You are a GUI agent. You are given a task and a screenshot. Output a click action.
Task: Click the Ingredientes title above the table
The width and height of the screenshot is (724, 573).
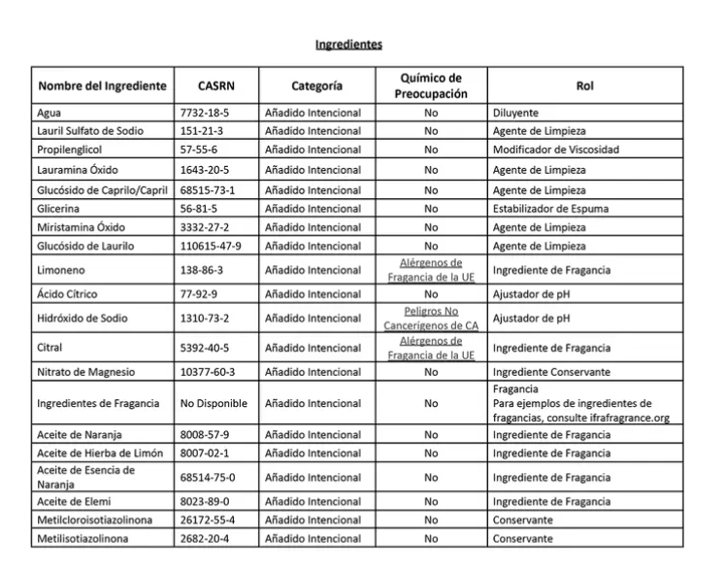point(348,45)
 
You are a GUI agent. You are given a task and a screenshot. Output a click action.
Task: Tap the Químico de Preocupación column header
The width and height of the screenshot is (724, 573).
point(431,85)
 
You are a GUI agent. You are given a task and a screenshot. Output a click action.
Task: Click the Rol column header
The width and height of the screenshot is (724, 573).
point(584,84)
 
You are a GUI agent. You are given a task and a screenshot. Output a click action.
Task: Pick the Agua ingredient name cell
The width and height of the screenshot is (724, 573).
point(49,113)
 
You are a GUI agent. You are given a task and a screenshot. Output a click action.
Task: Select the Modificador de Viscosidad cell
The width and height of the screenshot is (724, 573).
point(555,151)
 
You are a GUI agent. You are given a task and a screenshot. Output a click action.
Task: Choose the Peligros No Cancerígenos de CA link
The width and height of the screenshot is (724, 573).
point(431,318)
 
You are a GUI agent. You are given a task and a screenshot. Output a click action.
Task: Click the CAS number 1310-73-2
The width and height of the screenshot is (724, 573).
point(205,318)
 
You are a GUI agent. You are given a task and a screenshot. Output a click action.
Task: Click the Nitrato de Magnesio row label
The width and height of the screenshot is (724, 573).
point(86,372)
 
